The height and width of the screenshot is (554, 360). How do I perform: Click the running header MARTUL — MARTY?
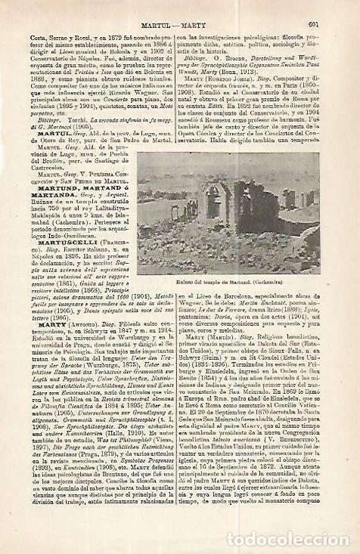click(x=180, y=7)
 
